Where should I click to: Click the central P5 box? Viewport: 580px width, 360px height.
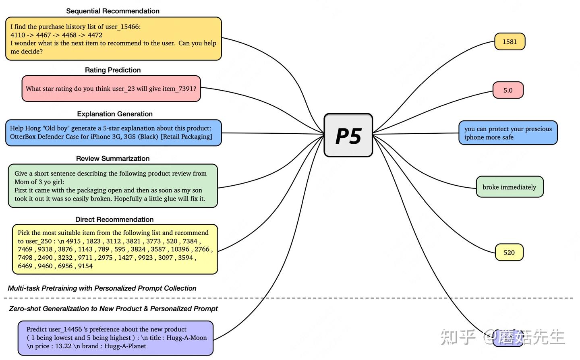[348, 135]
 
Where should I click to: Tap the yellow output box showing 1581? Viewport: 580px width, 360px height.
[510, 41]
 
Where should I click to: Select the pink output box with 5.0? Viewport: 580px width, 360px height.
[508, 90]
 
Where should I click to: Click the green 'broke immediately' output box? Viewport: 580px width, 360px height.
[510, 187]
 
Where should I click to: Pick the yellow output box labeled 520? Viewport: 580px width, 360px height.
[509, 252]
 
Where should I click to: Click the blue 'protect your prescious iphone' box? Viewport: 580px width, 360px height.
[508, 133]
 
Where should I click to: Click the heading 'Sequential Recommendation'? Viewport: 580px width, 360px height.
[113, 11]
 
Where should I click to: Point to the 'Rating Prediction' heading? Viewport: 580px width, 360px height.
[113, 70]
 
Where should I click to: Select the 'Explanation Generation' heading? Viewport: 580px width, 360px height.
[115, 114]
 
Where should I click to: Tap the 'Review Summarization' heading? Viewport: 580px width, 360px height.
[113, 159]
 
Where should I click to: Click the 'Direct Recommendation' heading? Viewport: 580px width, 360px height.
[114, 219]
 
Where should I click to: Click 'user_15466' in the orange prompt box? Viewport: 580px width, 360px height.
[122, 27]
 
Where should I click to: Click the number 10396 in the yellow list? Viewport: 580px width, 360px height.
[180, 249]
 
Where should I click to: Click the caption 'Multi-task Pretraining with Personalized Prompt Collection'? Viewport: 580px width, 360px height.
[102, 288]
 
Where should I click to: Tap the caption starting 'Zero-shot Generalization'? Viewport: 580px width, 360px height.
[113, 309]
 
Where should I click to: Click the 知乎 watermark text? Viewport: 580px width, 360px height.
[458, 337]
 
